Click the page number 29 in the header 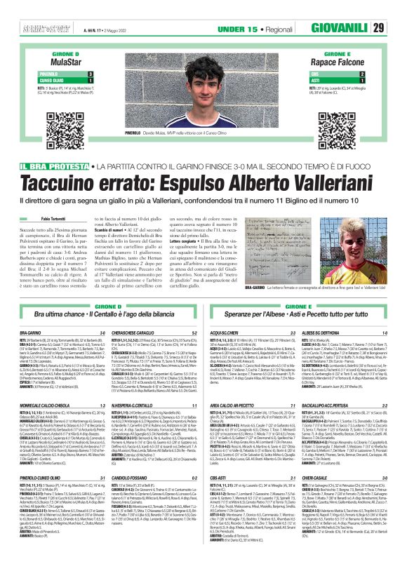(397, 28)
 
